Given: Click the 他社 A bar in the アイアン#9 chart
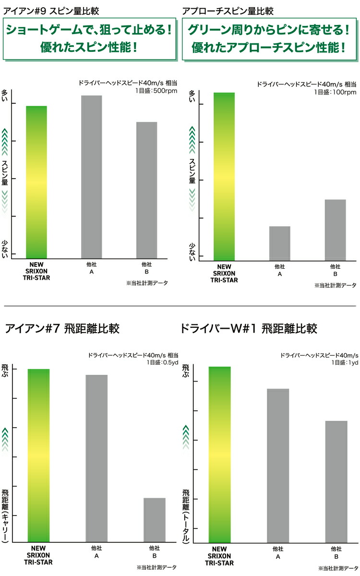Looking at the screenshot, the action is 92,177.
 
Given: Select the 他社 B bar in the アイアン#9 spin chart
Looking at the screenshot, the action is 146,190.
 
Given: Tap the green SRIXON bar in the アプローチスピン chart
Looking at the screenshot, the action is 224,177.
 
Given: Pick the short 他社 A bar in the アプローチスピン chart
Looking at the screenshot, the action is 280,243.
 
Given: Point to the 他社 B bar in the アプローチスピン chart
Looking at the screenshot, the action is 336,230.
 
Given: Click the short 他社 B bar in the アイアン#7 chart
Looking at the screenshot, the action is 154,520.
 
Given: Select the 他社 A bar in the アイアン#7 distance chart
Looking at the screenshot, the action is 96,458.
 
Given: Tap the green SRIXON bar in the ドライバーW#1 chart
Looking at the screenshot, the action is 220,455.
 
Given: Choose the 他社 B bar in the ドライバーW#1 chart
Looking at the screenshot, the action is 336,482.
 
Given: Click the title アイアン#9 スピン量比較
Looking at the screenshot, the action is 51,11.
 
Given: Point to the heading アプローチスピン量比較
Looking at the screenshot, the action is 228,11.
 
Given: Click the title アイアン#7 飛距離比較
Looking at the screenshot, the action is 62,329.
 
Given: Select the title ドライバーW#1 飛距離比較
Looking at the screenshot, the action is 249,329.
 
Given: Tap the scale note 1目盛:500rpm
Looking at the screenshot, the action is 156,91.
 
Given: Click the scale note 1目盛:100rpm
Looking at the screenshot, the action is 335,92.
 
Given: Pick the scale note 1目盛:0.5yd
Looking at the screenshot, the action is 163,362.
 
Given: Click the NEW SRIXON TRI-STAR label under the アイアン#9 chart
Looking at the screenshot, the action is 36,271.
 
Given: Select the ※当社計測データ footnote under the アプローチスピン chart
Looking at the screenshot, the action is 336,285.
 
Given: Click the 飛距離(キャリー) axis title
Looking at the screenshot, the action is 5,514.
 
